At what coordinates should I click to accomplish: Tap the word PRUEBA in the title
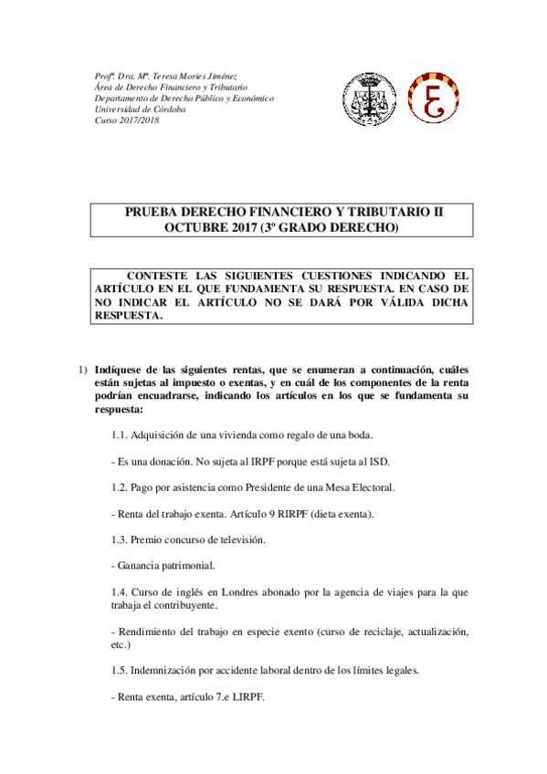click(x=153, y=212)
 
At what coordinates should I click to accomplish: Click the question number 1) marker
click(x=80, y=369)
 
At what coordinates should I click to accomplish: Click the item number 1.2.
click(x=119, y=487)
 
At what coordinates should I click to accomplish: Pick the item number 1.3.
click(x=119, y=539)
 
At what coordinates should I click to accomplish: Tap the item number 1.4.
click(x=119, y=591)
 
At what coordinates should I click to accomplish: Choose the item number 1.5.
click(x=119, y=670)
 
